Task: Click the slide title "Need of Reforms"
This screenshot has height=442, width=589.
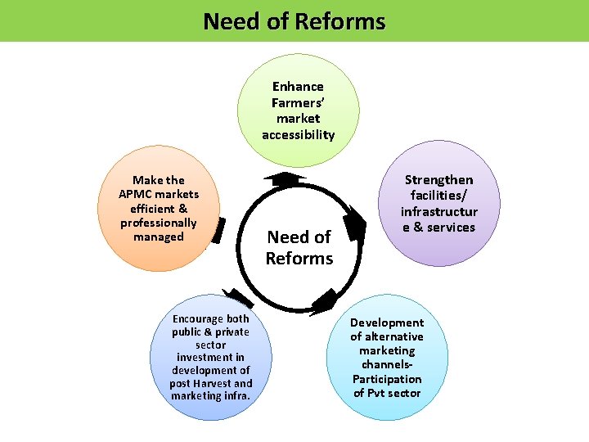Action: [x=294, y=20]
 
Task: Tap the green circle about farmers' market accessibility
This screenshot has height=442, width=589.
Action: [x=298, y=110]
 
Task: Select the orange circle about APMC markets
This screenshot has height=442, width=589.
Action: [x=160, y=210]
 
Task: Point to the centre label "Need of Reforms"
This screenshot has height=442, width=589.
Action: [x=299, y=247]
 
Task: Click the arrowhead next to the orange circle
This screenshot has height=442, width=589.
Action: [x=217, y=232]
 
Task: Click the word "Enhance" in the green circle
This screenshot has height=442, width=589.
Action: [x=298, y=86]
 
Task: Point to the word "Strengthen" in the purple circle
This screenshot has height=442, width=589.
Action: [x=438, y=179]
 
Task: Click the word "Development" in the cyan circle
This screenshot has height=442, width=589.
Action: [x=387, y=322]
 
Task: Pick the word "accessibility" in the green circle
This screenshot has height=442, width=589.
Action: [x=298, y=134]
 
